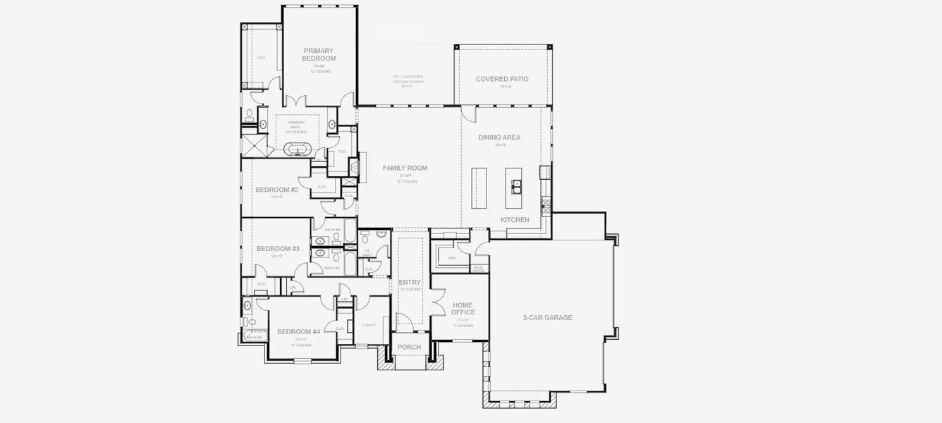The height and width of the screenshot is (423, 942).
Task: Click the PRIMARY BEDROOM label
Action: [319, 54]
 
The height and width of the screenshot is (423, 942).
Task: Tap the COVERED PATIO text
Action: [502, 79]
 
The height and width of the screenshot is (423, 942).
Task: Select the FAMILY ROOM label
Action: [405, 168]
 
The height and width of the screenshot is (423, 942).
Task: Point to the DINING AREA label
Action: [499, 137]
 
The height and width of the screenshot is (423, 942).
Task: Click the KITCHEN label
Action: [515, 220]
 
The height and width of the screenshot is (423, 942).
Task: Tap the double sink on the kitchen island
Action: [517, 186]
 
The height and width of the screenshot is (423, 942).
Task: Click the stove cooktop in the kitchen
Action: [545, 204]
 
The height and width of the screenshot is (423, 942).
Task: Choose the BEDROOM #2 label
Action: [277, 190]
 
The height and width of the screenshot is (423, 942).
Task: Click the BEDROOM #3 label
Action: [278, 248]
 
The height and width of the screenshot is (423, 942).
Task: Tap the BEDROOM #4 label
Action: [299, 332]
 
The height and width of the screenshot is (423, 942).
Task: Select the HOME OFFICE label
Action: [463, 309]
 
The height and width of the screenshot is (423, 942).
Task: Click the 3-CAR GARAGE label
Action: [548, 318]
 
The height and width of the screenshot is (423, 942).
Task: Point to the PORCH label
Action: [410, 347]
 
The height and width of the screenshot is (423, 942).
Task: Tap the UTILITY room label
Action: [369, 325]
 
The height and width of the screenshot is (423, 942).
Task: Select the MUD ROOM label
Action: [479, 269]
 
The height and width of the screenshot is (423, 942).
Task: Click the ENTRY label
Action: [410, 282]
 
